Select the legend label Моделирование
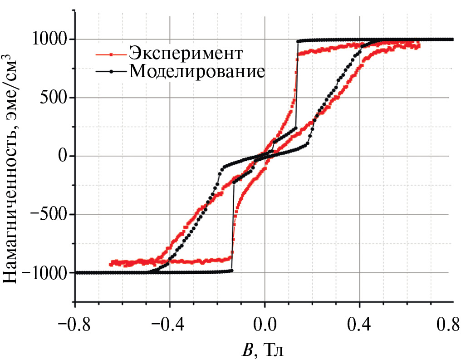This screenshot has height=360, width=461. (196, 71)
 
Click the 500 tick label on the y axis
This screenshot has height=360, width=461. (53, 98)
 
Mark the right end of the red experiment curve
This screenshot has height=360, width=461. (418, 45)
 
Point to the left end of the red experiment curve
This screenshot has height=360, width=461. (111, 264)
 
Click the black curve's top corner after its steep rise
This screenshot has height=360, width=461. (298, 41)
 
